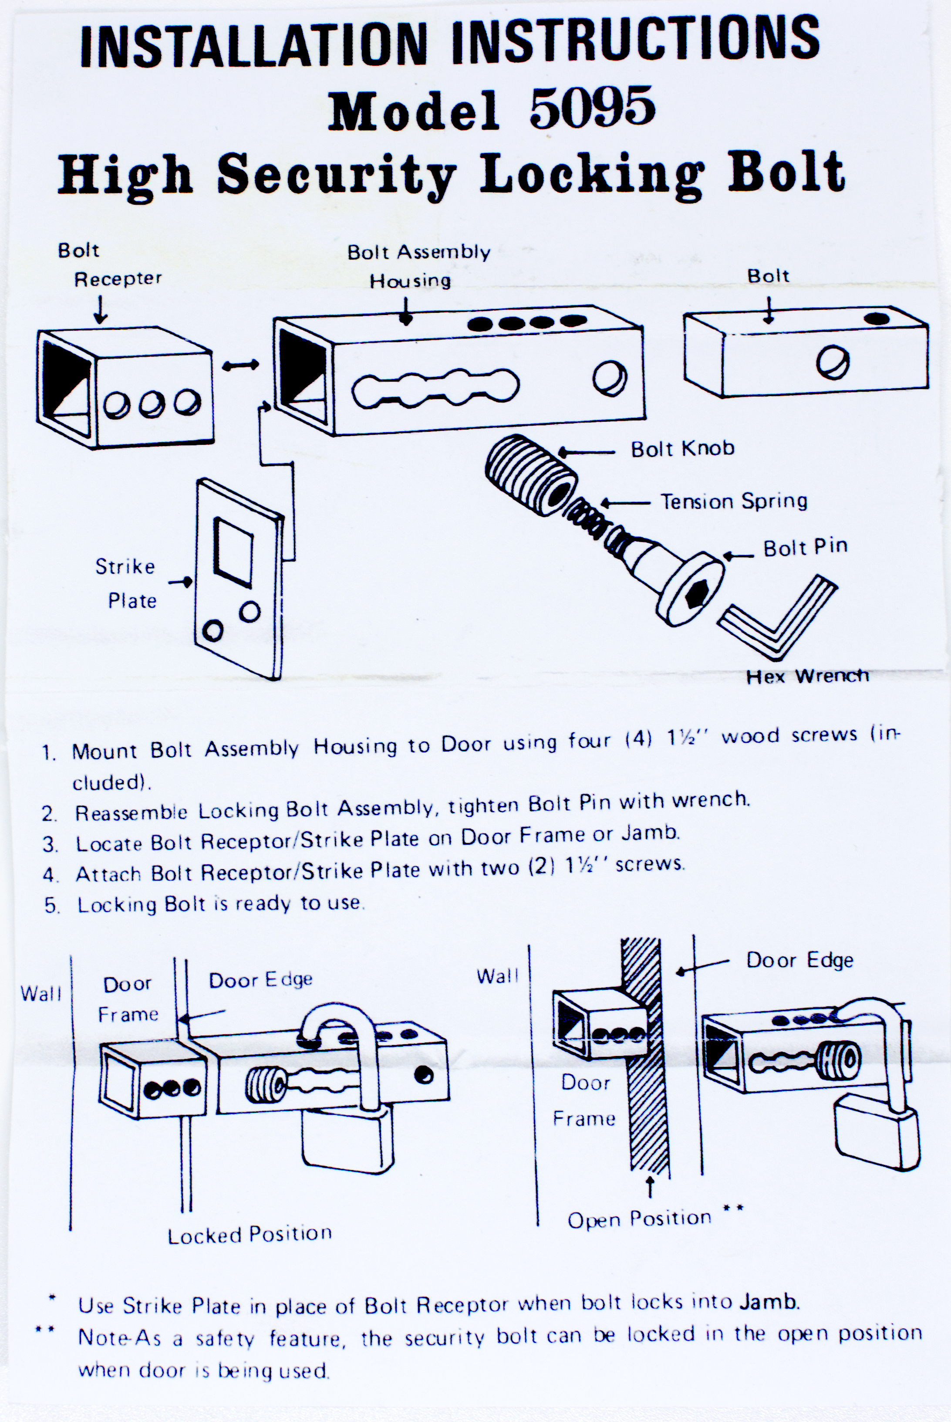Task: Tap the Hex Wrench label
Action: tap(807, 676)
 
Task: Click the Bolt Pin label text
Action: tap(805, 547)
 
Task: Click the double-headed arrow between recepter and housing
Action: tap(241, 365)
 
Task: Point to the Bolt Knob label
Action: tap(682, 449)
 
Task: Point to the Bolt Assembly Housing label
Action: tap(418, 266)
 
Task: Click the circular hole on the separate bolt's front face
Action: tap(833, 363)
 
